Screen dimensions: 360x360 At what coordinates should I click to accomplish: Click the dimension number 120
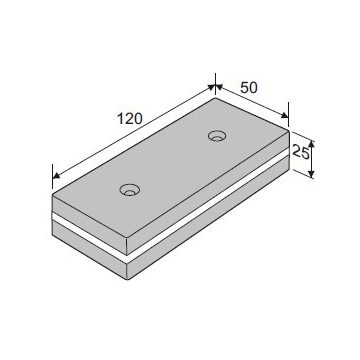point(130,119)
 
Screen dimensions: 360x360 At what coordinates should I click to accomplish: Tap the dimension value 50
point(249,88)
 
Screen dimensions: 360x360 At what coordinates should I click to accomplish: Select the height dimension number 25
point(300,152)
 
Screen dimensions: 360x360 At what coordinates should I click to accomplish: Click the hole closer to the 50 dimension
point(217,136)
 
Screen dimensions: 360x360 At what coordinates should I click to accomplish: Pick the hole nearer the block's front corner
point(129,190)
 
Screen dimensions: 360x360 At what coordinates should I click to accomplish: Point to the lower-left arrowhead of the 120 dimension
point(56,175)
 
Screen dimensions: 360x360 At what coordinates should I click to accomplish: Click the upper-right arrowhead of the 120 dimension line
point(211,88)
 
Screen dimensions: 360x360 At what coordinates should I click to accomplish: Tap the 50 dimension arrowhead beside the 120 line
point(219,88)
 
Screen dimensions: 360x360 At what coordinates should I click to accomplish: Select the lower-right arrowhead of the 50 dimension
point(284,115)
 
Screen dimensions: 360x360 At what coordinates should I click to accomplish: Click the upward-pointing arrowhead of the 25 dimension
point(311,145)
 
